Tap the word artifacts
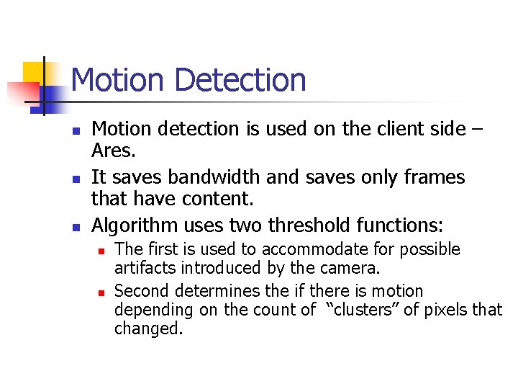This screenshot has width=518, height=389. point(140,269)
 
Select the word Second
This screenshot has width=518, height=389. point(137,292)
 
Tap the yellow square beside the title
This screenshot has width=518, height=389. point(34,72)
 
